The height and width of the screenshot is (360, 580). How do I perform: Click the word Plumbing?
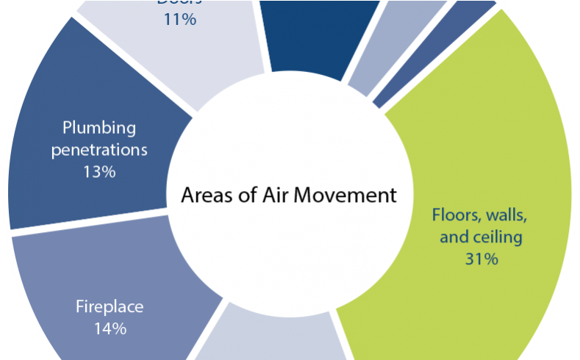99,128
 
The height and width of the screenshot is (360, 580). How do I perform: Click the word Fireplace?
110,306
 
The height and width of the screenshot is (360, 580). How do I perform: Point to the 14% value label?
110,328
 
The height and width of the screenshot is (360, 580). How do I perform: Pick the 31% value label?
481,259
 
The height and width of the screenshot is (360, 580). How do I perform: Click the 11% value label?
180,20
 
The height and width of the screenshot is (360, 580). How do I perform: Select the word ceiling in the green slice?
496,237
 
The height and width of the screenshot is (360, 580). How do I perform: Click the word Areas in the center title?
205,196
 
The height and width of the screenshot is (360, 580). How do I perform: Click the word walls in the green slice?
508,216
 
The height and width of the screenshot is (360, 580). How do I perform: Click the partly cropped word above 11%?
179,2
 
